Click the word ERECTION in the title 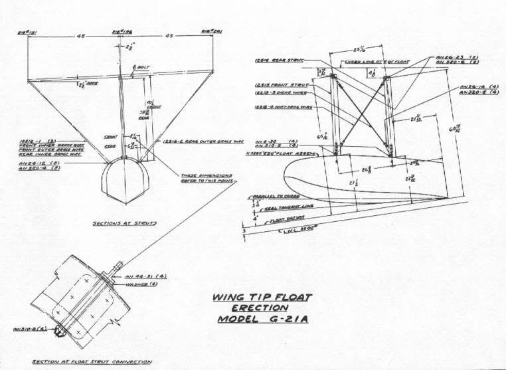click(260, 308)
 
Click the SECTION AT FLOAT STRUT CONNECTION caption click(92, 362)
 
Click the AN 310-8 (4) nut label click(29, 327)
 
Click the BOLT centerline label click(141, 67)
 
